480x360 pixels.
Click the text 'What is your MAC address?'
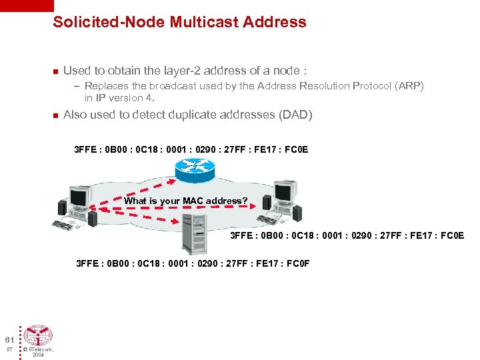coord(186,201)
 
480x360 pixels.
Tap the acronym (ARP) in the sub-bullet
coord(407,86)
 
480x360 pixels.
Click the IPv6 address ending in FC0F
coord(193,263)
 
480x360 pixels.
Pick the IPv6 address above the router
coord(191,149)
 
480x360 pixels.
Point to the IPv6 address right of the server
coord(347,235)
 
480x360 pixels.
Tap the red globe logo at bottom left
coord(39,335)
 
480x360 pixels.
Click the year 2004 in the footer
coord(38,355)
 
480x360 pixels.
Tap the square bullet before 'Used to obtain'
coord(55,71)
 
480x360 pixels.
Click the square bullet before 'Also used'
coord(55,115)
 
